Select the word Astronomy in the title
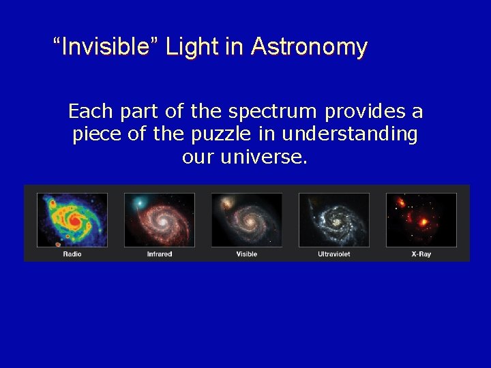pos(309,47)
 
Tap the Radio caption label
pos(72,254)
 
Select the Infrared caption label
pos(160,254)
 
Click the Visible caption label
pos(246,254)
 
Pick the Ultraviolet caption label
pos(334,254)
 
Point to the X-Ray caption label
pos(421,254)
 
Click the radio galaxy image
pos(72,219)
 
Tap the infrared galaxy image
pos(160,219)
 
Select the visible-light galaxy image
pos(246,219)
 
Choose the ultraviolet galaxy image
pos(334,219)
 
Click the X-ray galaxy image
pos(421,219)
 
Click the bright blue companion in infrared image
pos(139,202)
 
